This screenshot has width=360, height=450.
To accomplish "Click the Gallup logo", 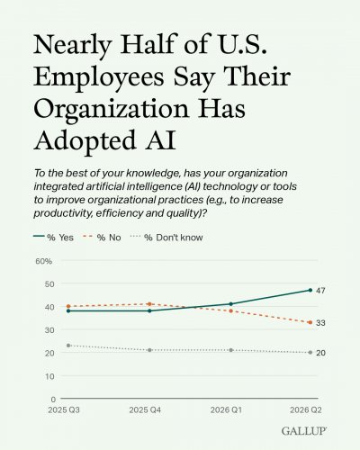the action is pos(304,431).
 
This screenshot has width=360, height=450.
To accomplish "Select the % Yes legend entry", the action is pos(53,238).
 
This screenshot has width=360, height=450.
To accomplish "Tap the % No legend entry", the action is pos(102,238).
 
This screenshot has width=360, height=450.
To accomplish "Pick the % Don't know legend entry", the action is pos(166,238).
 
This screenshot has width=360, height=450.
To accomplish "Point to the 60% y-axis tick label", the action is pos(44,261).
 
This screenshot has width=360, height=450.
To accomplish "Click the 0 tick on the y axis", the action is pos(53,399).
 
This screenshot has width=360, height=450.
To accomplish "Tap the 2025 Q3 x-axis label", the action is pos(64,409).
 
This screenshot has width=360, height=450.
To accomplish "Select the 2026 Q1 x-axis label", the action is pos(226,409).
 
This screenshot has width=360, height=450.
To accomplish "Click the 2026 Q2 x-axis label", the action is pos(306,409).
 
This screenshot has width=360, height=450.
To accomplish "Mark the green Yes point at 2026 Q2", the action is pos(310,290).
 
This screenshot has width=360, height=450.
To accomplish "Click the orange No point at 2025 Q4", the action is pos(149,304).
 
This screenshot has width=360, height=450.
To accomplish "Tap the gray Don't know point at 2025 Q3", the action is pos(68,346).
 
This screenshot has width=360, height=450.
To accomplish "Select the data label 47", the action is pos(320,291).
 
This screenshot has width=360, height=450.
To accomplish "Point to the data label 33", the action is pos(320,323).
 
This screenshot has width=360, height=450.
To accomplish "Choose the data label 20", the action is pos(320,353).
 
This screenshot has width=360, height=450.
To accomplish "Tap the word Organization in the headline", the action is pos(112,109).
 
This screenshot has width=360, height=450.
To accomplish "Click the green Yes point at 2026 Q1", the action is pos(231,304).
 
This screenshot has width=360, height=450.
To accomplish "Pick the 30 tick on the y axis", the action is pos(49,330).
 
